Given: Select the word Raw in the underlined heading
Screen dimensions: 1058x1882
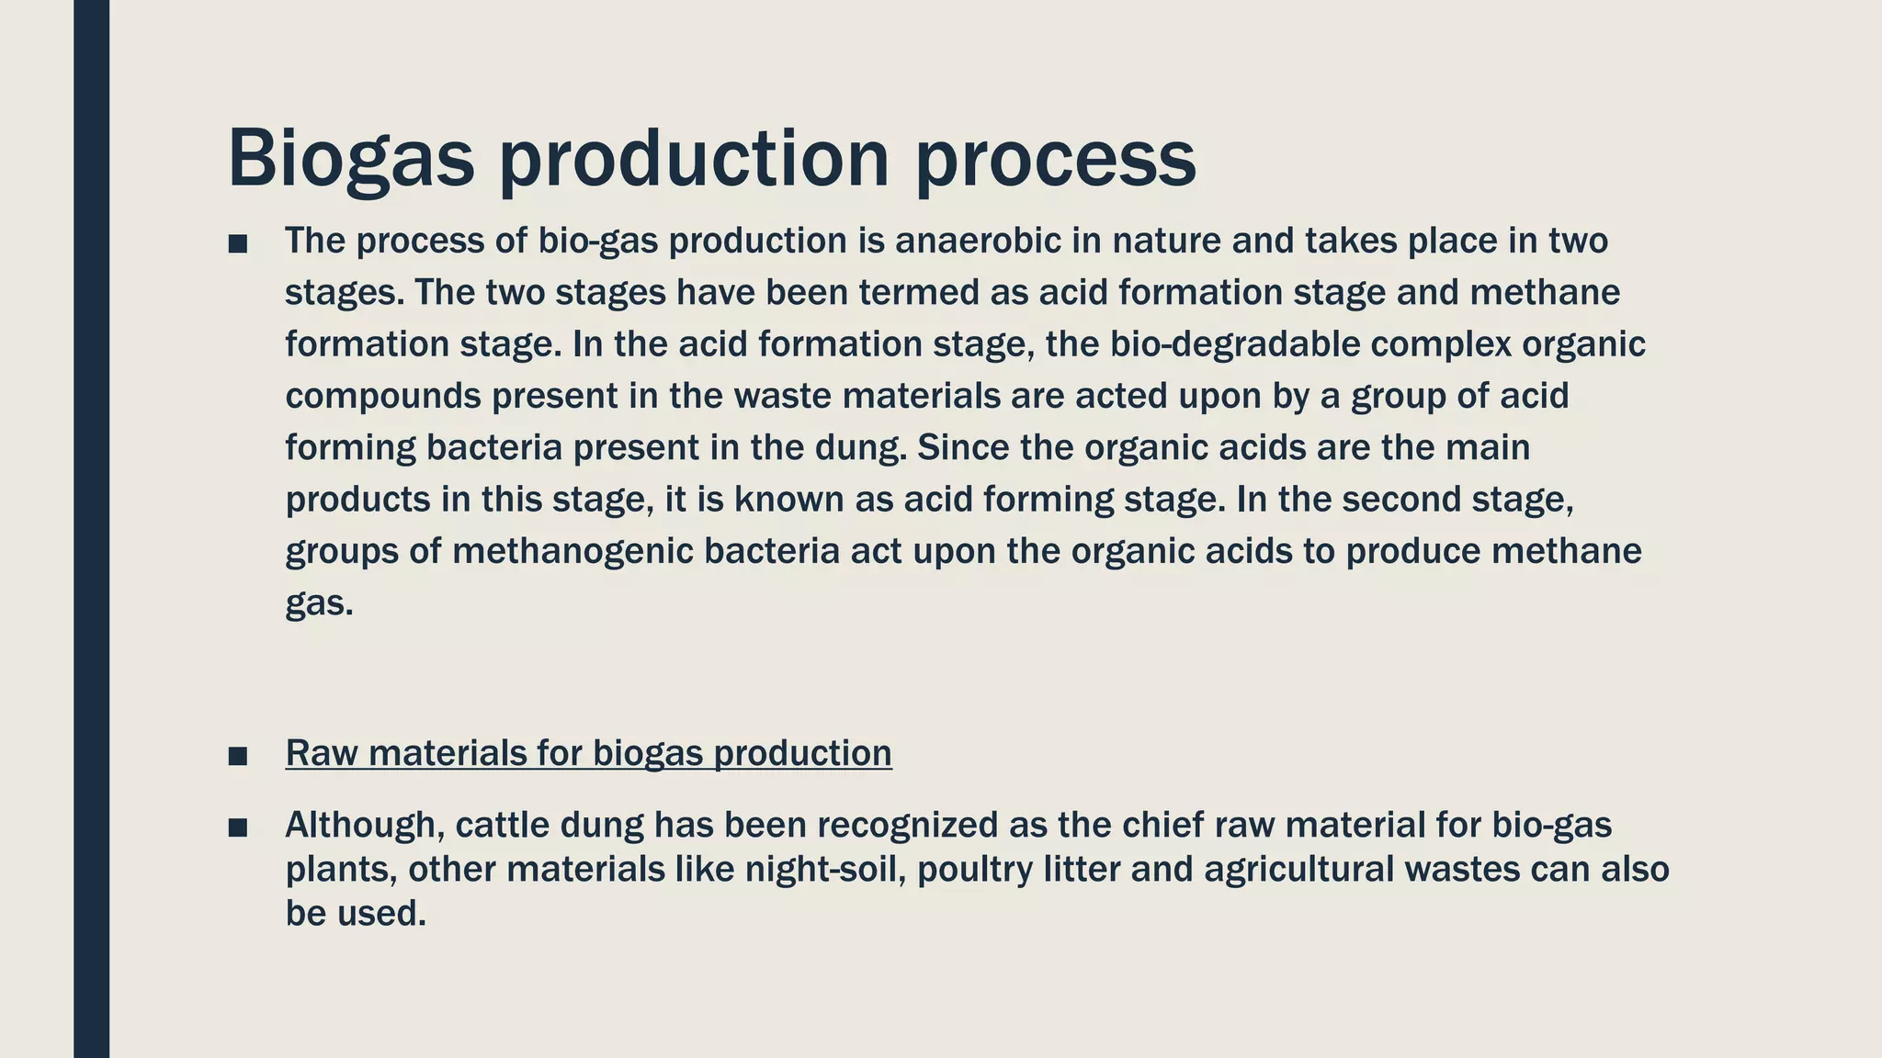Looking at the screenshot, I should (322, 753).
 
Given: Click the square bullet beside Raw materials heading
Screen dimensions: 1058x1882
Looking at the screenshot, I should (238, 756).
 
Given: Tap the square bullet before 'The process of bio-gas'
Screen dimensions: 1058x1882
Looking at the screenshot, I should (238, 243).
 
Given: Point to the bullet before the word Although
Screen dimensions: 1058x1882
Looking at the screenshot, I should (238, 827).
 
